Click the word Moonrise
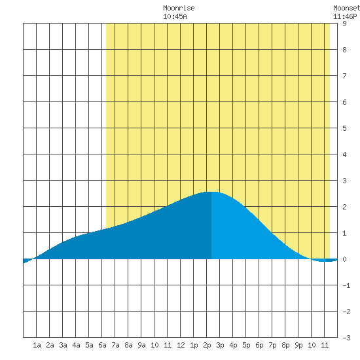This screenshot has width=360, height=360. pos(179,8)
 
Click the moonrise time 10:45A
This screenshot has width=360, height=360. pos(175,16)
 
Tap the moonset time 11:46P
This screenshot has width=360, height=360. pos(345,16)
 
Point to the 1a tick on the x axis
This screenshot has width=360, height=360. pos(37,345)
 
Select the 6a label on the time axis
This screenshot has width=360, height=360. pos(102,345)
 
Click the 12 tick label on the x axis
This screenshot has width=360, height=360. pos(181,345)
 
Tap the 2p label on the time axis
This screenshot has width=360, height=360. pos(207,345)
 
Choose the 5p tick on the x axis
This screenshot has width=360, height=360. pos(246,345)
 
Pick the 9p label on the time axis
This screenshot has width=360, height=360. pos(298,345)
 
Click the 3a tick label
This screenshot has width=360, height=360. pos(63,345)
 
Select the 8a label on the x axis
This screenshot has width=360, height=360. pos(128,345)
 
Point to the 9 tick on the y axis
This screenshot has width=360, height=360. pos(344,24)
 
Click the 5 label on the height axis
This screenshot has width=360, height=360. pos(344,128)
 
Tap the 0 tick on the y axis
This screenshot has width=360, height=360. pos(344,259)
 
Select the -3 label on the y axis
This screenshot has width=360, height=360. pos(346,338)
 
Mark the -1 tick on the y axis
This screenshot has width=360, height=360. pos(346,285)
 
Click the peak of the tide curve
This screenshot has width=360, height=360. pos(211,192)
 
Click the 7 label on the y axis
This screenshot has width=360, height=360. pos(344,76)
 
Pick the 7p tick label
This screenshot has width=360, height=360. pos(272,345)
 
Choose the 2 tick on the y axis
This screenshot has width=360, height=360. pos(344,207)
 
